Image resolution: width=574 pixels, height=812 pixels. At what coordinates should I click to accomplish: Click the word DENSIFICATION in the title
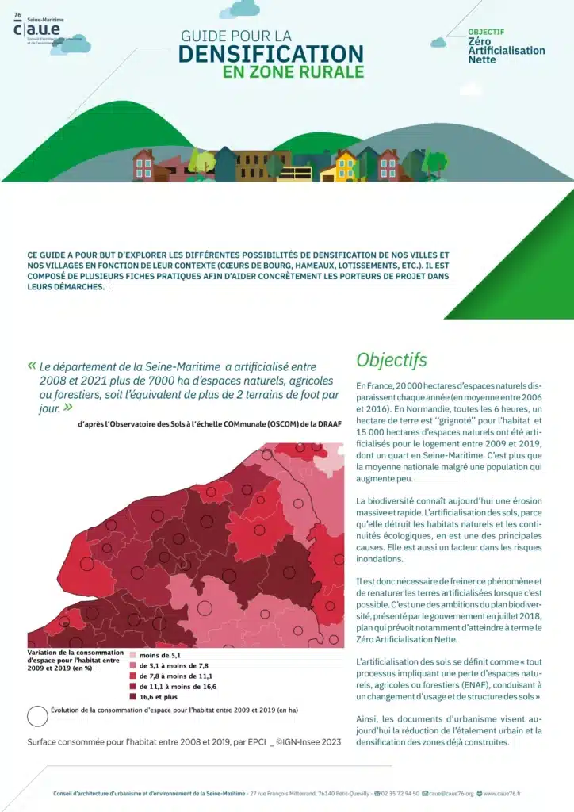tap(271, 53)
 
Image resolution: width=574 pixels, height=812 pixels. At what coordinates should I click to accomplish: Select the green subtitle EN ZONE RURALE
tap(293, 71)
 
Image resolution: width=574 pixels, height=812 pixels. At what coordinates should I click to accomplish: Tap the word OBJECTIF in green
tap(486, 32)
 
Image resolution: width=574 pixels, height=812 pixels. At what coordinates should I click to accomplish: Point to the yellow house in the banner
tap(346, 167)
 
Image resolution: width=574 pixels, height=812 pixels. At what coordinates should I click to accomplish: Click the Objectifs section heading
tap(392, 359)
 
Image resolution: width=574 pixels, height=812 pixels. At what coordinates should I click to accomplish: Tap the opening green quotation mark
tap(32, 366)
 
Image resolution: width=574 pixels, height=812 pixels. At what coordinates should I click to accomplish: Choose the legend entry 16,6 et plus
tap(158, 696)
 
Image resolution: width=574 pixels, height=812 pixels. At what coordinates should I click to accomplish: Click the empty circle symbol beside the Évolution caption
tap(37, 715)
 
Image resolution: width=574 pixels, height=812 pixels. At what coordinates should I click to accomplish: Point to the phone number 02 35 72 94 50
tap(400, 793)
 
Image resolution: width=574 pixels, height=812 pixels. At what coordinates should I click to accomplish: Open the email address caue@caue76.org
tap(451, 793)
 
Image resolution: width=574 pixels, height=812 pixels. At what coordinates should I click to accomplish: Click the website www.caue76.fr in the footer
tap(507, 793)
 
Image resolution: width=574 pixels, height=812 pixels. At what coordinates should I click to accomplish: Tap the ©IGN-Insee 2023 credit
tap(308, 742)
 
